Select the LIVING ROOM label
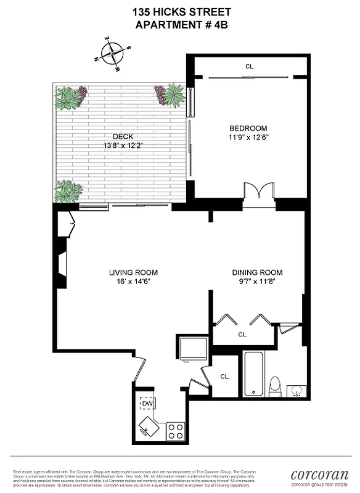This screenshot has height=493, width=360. click(133, 272)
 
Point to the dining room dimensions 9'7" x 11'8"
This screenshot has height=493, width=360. click(257, 282)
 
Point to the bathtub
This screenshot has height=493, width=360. click(253, 373)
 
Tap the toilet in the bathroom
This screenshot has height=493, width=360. click(276, 385)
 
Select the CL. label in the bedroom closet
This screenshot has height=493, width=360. click(250, 66)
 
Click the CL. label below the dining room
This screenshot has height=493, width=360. click(243, 335)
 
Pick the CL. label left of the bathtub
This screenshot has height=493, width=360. click(225, 376)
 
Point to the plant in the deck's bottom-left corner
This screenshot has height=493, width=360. click(68, 191)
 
